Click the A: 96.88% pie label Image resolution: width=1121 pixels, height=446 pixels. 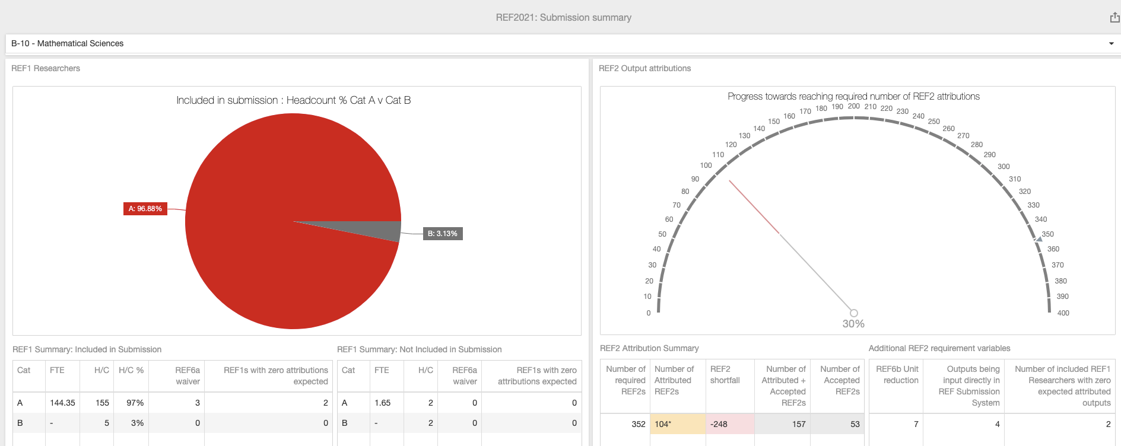[145, 209]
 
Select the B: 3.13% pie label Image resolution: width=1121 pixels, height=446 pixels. [442, 234]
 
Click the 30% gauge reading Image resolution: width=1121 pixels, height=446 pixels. [853, 324]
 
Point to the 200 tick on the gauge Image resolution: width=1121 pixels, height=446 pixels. [853, 107]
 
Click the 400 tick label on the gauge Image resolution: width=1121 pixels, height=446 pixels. [1063, 313]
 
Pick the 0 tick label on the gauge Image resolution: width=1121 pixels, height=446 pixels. [649, 313]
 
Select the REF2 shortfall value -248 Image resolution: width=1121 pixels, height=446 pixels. [719, 424]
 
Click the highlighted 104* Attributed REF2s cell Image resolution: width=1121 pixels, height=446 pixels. [663, 424]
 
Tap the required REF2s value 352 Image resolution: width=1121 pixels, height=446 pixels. [638, 424]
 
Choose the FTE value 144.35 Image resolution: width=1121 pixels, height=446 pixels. [62, 403]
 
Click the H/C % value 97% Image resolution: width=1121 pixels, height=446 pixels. [135, 403]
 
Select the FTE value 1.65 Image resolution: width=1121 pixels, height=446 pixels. [382, 403]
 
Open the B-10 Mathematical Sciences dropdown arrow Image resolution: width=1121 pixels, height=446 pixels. [1111, 43]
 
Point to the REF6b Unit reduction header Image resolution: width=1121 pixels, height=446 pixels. [897, 375]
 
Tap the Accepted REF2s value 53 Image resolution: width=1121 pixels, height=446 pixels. [855, 424]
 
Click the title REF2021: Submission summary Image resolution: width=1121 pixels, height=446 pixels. [563, 18]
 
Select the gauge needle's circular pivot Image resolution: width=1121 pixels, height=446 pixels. [853, 313]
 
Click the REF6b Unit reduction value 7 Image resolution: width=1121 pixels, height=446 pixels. [916, 424]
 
